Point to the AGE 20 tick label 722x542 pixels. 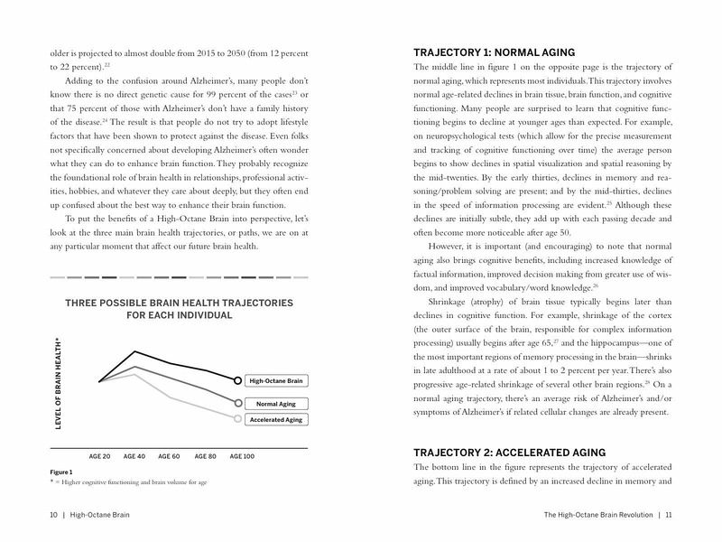99,456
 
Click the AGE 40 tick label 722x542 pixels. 134,456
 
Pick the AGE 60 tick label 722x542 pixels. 169,456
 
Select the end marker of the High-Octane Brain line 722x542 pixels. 237,380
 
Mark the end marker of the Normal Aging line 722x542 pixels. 237,403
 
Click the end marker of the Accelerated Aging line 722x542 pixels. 237,419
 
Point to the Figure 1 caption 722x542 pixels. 61,472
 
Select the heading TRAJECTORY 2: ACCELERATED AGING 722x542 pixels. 510,452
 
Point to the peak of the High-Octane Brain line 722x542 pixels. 134,350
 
